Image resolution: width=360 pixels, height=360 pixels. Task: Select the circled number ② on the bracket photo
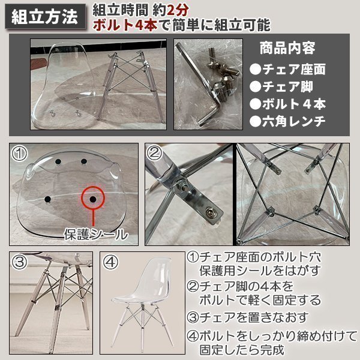tap(155, 153)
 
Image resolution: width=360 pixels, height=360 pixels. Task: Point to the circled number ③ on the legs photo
tap(19, 262)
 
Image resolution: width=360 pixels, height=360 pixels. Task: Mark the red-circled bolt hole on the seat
tap(93, 197)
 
